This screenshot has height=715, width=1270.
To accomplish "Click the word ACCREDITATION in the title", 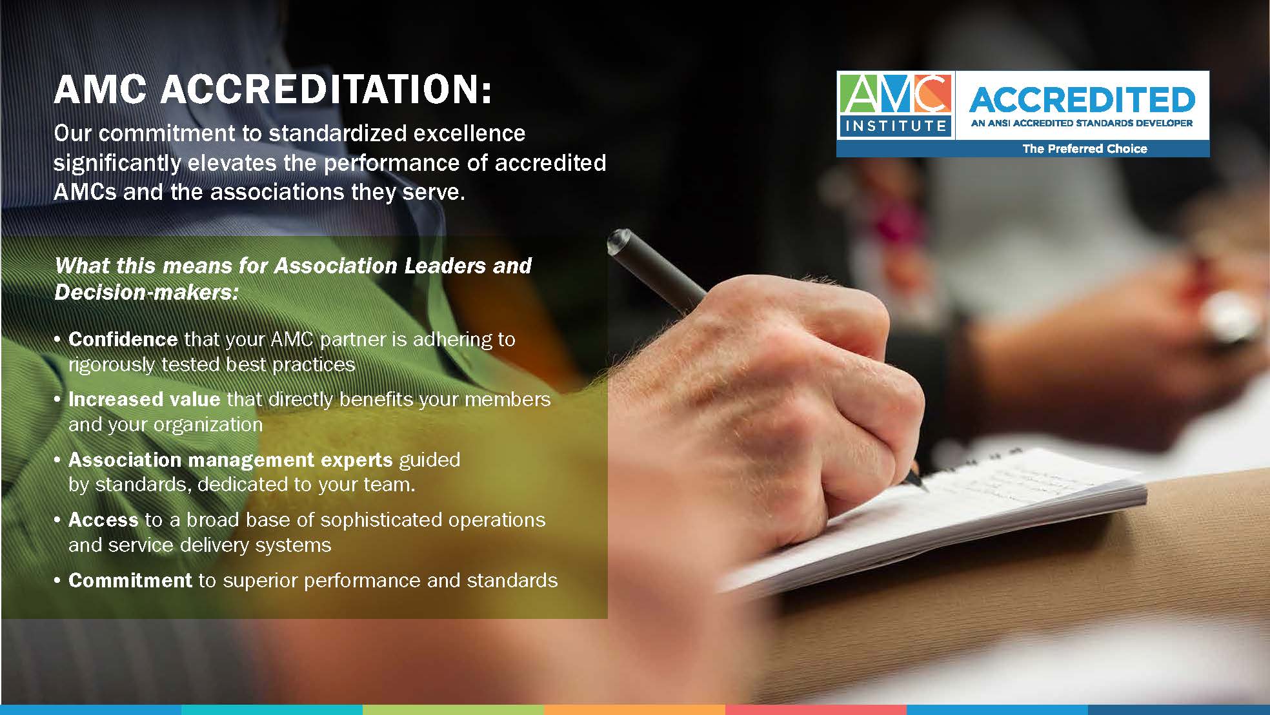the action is (x=326, y=89).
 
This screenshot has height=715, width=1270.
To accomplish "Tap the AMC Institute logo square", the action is (x=895, y=105).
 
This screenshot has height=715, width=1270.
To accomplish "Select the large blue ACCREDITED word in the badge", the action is (x=1082, y=99).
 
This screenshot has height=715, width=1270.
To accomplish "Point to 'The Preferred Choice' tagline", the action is (x=1085, y=149).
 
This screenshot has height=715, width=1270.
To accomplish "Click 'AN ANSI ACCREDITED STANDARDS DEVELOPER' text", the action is (x=1082, y=123).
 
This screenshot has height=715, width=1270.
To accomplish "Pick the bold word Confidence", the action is (x=123, y=339).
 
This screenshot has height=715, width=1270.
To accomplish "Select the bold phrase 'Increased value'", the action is (x=145, y=399).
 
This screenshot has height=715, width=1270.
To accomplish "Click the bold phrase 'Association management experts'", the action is (x=230, y=460).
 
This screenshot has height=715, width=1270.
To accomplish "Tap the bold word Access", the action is (x=103, y=520).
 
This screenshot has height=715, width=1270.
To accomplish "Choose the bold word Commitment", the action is (x=130, y=580).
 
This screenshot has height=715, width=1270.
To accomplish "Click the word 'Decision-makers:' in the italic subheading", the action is (x=146, y=293).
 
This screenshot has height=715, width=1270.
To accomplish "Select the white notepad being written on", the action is (x=936, y=516).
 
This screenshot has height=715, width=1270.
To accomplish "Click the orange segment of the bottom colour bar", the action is (x=634, y=710).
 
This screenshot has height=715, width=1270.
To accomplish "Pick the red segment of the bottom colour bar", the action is (x=816, y=710).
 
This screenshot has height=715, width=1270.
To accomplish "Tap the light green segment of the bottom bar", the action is (x=453, y=710).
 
